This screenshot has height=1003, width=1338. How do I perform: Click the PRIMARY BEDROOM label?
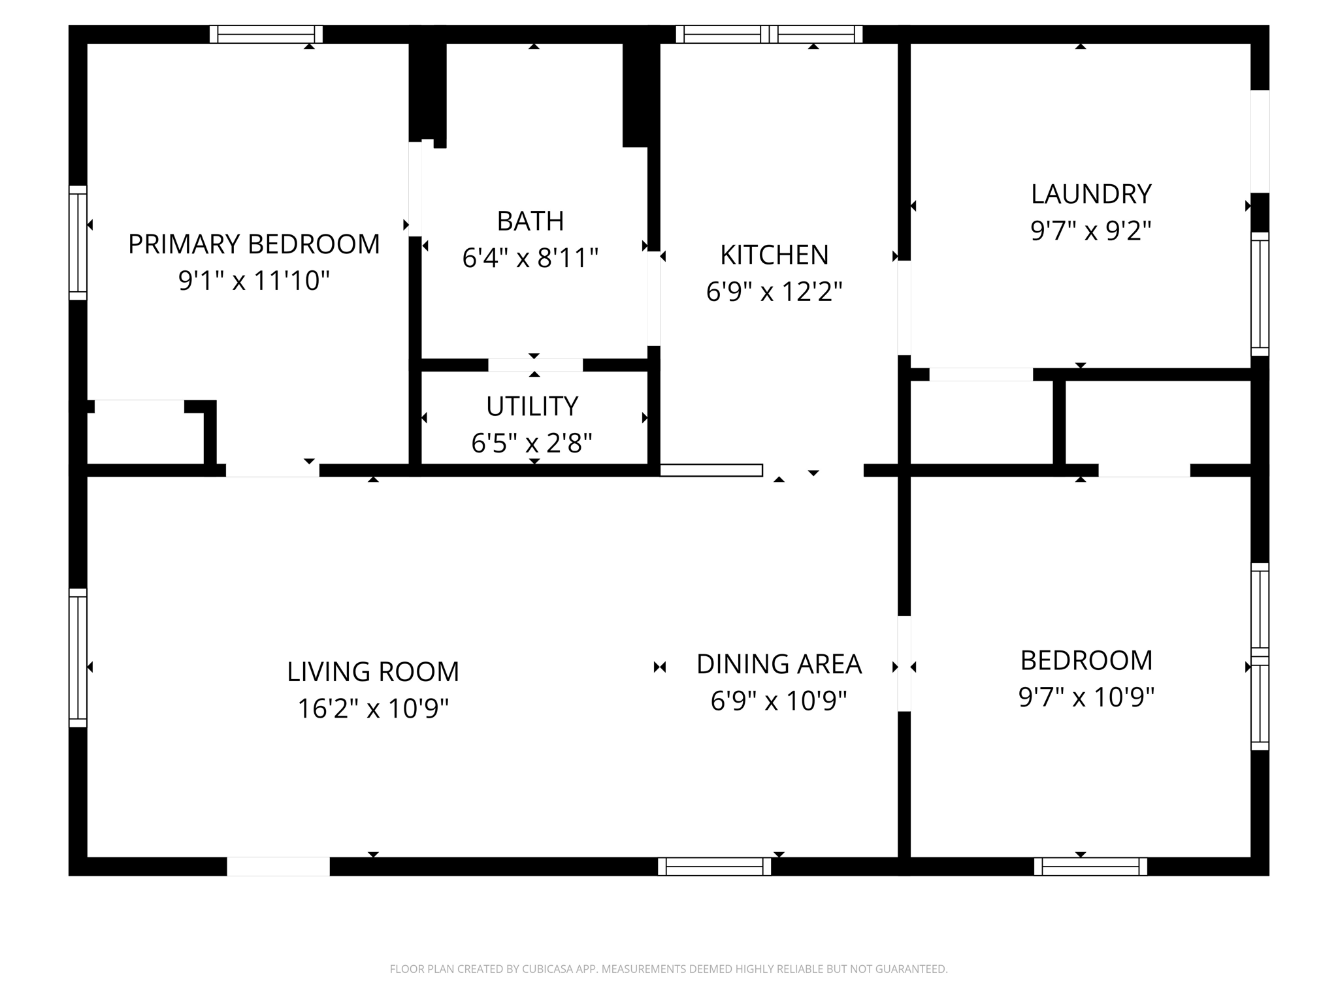(253, 244)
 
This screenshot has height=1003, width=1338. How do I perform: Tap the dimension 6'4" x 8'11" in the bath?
(530, 258)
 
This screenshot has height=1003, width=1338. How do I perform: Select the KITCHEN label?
(774, 255)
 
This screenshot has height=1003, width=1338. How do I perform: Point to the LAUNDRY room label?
(1090, 194)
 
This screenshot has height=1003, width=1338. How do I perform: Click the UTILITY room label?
(532, 406)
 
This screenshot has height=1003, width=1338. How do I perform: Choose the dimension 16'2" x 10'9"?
(373, 708)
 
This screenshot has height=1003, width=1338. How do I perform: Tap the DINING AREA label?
(779, 664)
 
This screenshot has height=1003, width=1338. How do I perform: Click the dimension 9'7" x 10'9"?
(1086, 697)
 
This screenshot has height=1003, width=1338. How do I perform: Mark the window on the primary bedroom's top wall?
(266, 35)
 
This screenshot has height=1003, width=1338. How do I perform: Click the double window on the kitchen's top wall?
(769, 35)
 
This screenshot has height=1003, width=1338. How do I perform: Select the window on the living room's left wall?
(78, 658)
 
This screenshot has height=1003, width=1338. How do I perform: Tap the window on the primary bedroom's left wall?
(78, 243)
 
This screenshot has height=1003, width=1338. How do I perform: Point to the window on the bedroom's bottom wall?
(1090, 867)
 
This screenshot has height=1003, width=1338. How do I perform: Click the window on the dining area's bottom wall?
(714, 867)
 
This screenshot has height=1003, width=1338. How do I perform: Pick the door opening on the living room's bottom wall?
(278, 867)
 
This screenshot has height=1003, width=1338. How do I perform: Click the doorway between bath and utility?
(535, 365)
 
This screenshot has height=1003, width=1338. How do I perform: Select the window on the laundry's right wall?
(1260, 294)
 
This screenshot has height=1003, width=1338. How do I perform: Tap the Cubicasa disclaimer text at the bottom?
(668, 969)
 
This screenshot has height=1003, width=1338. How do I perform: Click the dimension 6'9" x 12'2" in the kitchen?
(774, 291)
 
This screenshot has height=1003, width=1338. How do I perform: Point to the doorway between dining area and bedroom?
(904, 663)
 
